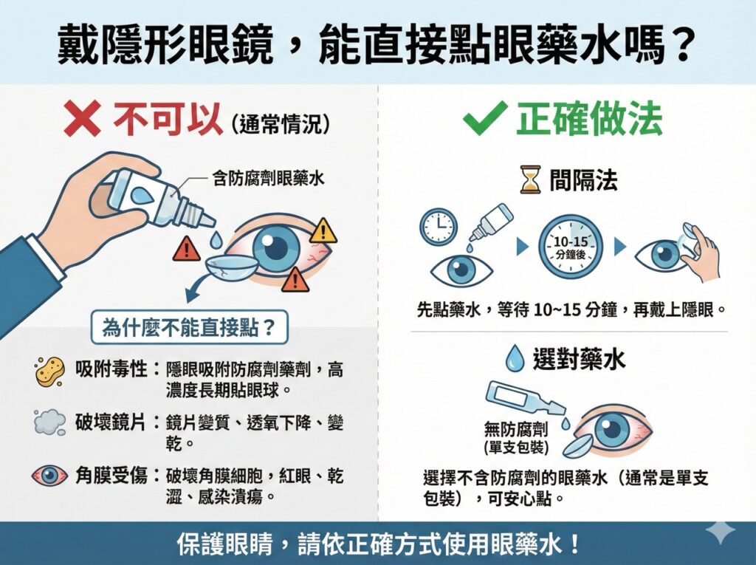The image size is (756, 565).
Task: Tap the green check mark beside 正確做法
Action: [484, 119]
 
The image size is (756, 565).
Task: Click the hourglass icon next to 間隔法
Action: [530, 179]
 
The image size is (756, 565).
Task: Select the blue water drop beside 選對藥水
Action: [514, 359]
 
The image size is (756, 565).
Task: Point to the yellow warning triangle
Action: [323, 231]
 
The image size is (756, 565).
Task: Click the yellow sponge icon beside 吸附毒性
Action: [50, 371]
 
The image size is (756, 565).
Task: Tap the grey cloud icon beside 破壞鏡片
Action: [50, 422]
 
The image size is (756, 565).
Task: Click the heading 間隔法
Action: [583, 179]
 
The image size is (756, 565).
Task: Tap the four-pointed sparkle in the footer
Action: [720, 533]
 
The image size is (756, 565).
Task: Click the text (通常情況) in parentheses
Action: [280, 124]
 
